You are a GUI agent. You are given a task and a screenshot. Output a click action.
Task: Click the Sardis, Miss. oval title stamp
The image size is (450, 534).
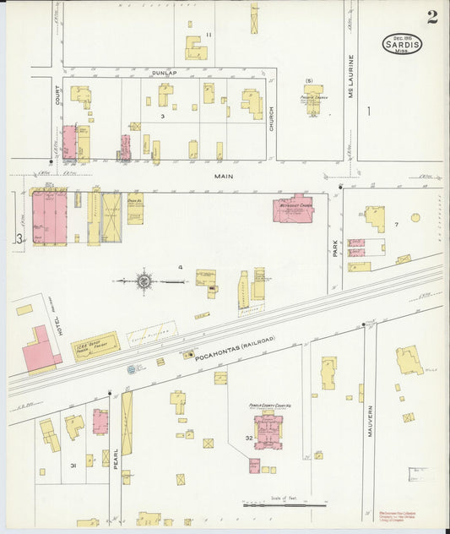coord(402,44)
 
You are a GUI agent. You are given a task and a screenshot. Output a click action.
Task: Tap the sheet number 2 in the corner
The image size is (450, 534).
coord(431,16)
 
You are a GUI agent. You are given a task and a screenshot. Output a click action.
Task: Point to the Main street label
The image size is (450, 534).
coord(223,177)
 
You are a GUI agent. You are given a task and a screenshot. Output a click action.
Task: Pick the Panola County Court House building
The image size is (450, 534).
coord(268,431)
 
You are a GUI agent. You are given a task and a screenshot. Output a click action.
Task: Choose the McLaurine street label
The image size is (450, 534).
coord(350,76)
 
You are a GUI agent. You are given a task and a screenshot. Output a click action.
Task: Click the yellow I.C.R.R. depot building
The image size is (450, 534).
coord(95,346)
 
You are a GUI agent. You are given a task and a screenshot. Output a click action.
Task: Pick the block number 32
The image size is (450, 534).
coord(249,438)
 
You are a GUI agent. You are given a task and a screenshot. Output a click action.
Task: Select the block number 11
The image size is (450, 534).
coord(209,35)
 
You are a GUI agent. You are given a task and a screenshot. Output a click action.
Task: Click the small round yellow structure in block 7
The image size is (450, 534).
coord(415,217)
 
